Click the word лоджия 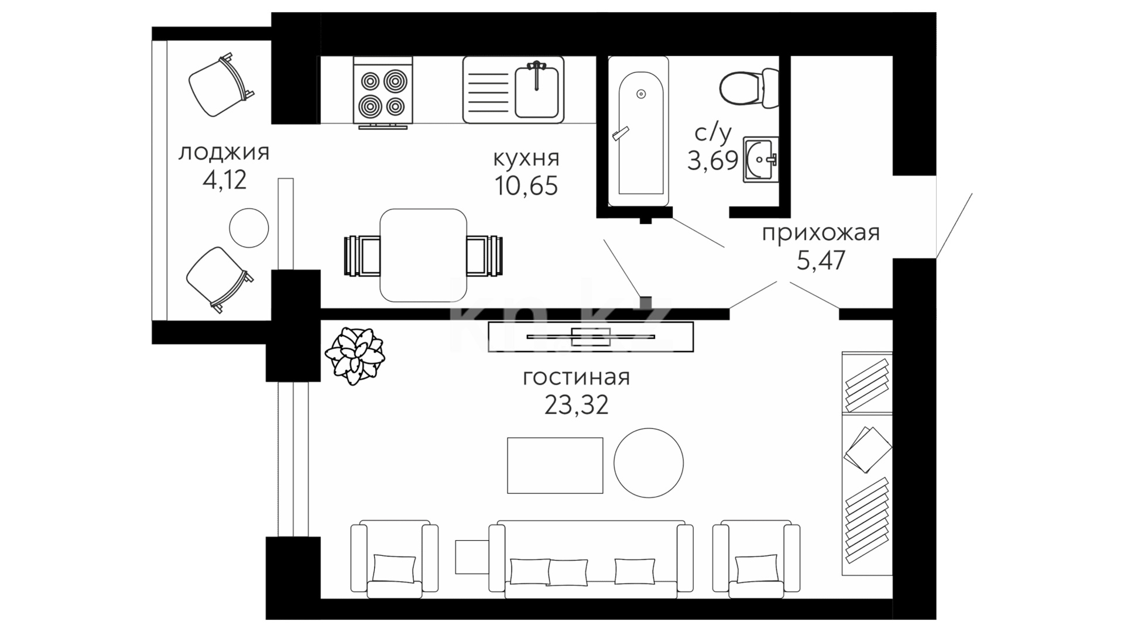(224, 154)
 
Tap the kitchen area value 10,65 (526, 186)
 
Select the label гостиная (576, 377)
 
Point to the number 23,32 (577, 404)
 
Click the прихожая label (821, 233)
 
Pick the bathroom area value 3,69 (712, 160)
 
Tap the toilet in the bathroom (749, 88)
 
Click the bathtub (638, 131)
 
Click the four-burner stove (383, 91)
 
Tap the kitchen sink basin (537, 91)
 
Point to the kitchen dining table (423, 255)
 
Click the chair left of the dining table (362, 256)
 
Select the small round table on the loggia (249, 228)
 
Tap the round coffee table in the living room (649, 463)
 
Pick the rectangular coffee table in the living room (555, 465)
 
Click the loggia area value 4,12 (224, 180)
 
